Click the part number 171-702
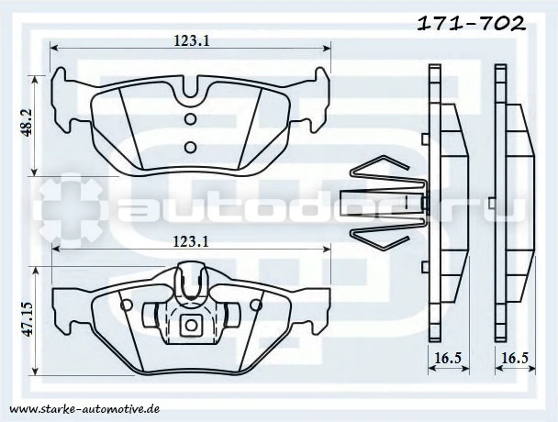pyautogui.click(x=471, y=24)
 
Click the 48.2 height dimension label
pyautogui.click(x=27, y=122)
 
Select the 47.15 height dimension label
pyautogui.click(x=27, y=318)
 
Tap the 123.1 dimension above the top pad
pyautogui.click(x=192, y=40)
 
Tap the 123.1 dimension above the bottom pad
pyautogui.click(x=190, y=241)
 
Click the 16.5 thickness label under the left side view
pyautogui.click(x=448, y=358)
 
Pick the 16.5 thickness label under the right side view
pyautogui.click(x=515, y=358)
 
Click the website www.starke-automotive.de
pyautogui.click(x=84, y=409)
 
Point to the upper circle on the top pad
pyautogui.click(x=190, y=119)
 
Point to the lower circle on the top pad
pyautogui.click(x=190, y=147)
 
